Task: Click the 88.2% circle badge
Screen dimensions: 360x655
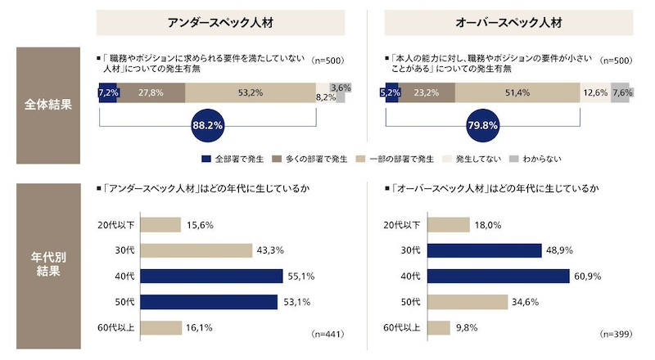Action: (x=207, y=126)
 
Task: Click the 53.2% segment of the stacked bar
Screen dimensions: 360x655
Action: (x=250, y=93)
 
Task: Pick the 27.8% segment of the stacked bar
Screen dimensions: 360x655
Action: (x=151, y=93)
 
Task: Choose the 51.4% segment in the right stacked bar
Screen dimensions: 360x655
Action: (x=517, y=93)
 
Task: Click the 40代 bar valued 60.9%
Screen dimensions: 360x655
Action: (x=499, y=277)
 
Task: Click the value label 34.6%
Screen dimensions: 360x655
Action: (x=526, y=302)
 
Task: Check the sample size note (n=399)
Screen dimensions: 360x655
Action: (x=617, y=335)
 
